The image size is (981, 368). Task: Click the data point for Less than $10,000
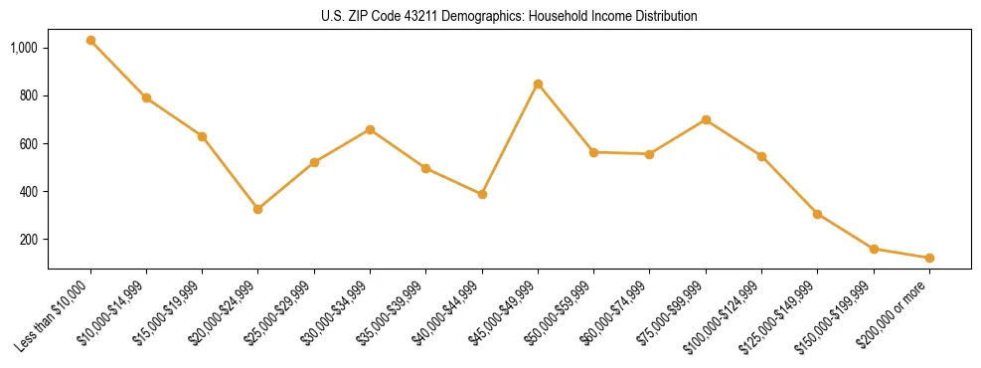tap(90, 41)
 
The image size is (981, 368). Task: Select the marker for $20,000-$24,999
tap(258, 209)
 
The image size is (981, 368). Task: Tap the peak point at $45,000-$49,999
tap(538, 84)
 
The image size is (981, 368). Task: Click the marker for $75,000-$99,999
tap(706, 119)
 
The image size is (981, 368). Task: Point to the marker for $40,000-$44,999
tap(482, 194)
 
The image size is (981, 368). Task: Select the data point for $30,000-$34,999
tap(370, 129)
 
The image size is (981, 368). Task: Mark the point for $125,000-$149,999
tap(817, 214)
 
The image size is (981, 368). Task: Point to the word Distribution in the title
tap(665, 17)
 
